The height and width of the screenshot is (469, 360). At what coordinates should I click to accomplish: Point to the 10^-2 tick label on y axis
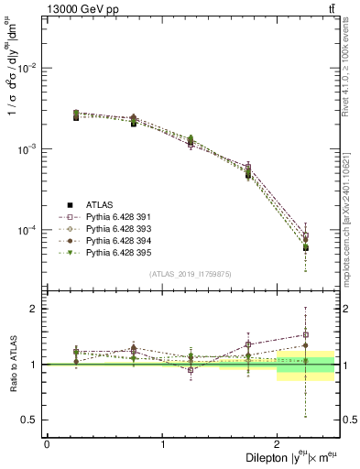(30, 69)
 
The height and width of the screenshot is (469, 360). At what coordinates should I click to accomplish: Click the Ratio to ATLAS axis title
(12, 366)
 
